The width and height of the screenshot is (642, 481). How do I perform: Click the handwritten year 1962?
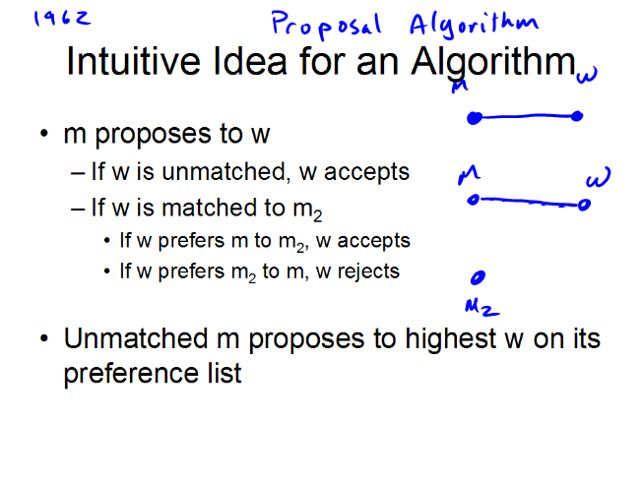point(62,19)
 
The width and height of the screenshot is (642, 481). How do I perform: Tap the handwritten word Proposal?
point(326,25)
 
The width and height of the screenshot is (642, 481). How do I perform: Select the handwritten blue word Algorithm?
point(475,26)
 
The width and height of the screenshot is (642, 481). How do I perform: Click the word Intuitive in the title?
point(134,61)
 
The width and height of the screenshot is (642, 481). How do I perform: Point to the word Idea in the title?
point(250,61)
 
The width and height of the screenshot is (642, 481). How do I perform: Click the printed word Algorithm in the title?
point(493,63)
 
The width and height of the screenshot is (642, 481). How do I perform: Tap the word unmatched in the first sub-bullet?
point(224,172)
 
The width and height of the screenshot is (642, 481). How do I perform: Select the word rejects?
point(368,271)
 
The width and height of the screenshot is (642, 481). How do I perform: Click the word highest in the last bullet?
point(451,339)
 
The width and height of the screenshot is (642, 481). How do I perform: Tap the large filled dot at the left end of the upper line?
point(475,118)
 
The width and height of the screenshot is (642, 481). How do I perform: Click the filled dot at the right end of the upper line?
point(577,116)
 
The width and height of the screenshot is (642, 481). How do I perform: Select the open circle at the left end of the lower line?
point(474,200)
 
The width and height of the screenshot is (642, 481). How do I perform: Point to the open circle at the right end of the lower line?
point(584,205)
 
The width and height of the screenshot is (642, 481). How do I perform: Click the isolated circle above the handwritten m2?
point(478,277)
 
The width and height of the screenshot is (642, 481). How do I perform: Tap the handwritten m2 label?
point(481,308)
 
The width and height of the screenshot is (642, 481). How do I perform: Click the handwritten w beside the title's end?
point(587,75)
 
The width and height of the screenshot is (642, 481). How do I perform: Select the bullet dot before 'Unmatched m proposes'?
point(44,338)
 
